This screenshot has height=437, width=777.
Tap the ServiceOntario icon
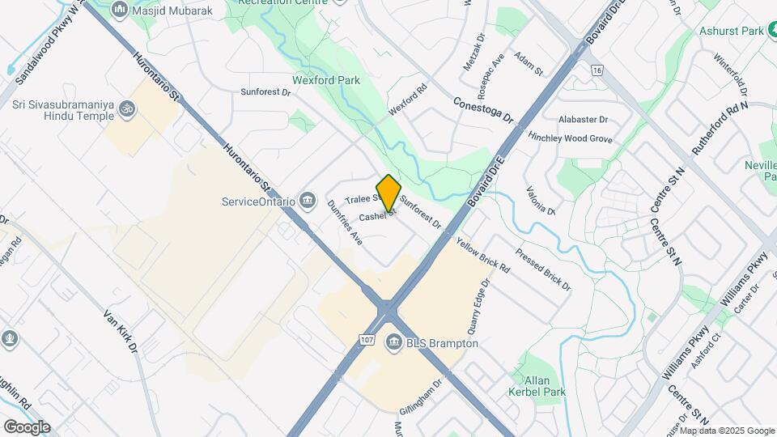click(308, 200)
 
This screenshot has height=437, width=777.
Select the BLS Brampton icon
click(394, 343)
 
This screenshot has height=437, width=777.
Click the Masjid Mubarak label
click(166, 10)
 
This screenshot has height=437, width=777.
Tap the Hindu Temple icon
click(126, 108)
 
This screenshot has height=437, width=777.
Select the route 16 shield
click(597, 70)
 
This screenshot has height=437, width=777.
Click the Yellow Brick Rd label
click(483, 254)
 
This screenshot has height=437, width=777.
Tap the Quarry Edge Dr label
click(476, 308)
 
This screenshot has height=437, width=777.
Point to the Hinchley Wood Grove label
click(570, 138)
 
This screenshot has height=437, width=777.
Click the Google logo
click(26, 427)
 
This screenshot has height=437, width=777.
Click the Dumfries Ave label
click(345, 223)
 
